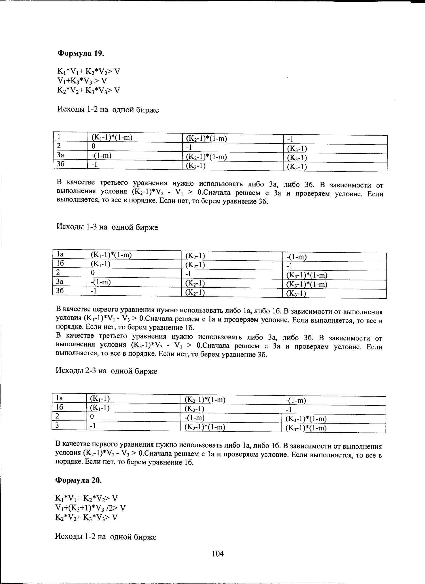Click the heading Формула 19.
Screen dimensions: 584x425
click(x=81, y=53)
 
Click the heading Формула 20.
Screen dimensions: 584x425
click(x=78, y=480)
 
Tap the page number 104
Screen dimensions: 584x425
click(x=218, y=554)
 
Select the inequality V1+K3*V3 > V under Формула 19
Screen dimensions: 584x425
click(x=82, y=81)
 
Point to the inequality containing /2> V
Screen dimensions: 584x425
click(x=90, y=508)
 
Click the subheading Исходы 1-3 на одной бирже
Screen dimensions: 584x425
click(x=107, y=227)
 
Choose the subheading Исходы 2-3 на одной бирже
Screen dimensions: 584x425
click(x=106, y=371)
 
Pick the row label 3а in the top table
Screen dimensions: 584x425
click(x=61, y=155)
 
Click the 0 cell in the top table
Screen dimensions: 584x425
click(x=93, y=146)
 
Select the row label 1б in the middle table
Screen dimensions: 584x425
click(x=60, y=263)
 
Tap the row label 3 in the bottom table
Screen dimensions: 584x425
click(x=57, y=425)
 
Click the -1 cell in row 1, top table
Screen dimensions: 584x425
click(x=290, y=139)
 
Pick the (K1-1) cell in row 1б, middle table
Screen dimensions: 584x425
click(x=100, y=264)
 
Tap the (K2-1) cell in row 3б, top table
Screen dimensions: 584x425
click(x=195, y=166)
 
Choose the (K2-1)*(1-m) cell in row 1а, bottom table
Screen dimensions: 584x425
click(x=205, y=400)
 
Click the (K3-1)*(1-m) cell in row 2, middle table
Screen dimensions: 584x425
click(x=307, y=275)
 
